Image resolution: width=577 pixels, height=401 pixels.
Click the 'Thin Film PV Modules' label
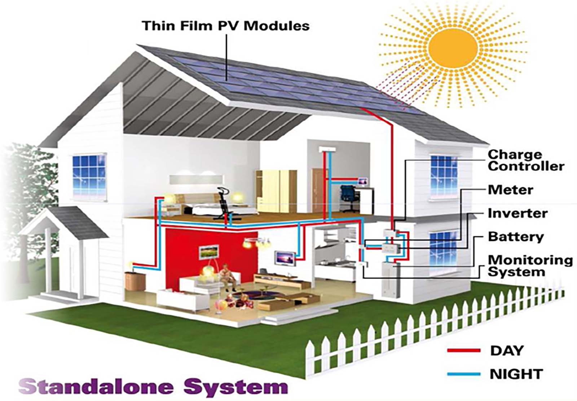[x=226, y=26]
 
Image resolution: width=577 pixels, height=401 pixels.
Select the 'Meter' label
[x=511, y=190]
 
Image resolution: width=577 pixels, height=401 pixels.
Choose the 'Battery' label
[x=516, y=237]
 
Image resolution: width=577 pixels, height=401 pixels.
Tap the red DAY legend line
[x=464, y=350]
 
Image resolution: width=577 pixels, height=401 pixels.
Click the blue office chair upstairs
[x=349, y=198]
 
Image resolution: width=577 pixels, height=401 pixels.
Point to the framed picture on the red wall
[x=209, y=252]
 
